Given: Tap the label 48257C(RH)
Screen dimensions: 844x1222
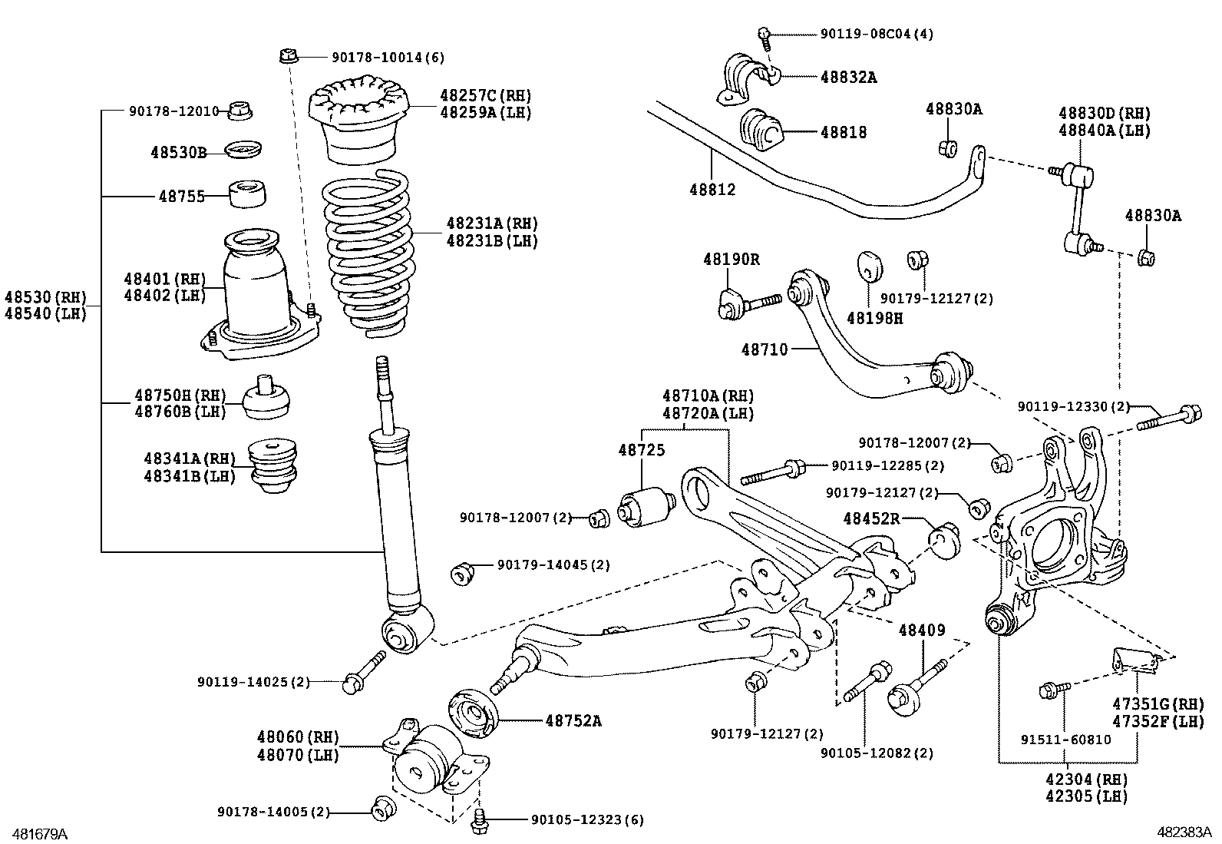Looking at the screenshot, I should tap(485, 96).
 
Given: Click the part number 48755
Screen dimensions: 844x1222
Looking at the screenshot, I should tap(182, 197).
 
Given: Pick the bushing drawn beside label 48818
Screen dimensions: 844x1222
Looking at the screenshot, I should tap(761, 131).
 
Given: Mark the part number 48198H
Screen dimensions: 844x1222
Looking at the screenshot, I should tap(874, 317).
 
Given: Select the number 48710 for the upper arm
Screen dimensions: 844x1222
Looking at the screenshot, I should tap(765, 349).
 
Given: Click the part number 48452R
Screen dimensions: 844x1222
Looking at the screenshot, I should tap(871, 518).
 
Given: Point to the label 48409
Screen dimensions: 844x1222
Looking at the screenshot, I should tap(922, 631).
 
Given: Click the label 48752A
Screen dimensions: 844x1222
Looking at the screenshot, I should tap(573, 720).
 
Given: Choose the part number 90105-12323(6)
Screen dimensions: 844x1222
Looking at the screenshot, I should tap(587, 820).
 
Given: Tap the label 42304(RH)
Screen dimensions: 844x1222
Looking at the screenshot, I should tap(1086, 779).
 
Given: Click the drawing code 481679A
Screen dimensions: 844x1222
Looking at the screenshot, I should tap(35, 833).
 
